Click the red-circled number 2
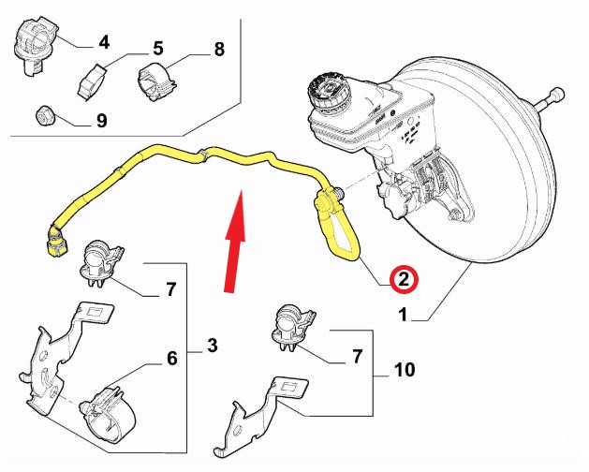click(402, 278)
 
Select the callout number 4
click(103, 41)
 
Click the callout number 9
click(101, 121)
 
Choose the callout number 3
click(213, 347)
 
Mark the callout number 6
click(171, 357)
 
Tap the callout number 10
click(405, 371)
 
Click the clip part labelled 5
click(94, 81)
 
